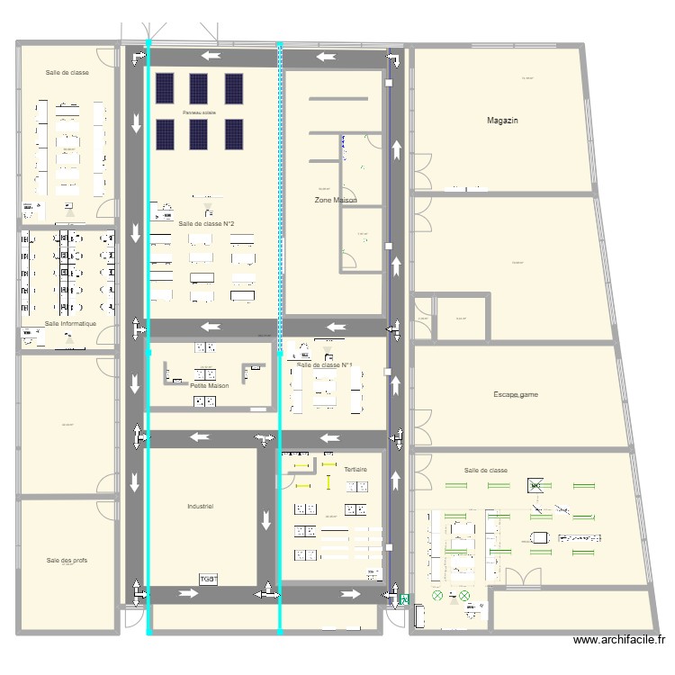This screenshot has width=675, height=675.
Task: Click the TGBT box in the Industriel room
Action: [x=209, y=578]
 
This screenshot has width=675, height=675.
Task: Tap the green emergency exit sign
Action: [x=405, y=598]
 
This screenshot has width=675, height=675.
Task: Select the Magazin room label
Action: [x=502, y=120]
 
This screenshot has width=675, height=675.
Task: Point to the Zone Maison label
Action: [x=336, y=200]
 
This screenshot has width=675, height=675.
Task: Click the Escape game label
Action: [x=516, y=394]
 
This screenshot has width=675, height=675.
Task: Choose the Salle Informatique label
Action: [x=70, y=323]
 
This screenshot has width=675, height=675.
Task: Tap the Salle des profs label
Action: [x=67, y=560]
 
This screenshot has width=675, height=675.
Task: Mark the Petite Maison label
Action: [x=209, y=385]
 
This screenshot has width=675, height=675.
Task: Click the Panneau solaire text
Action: [x=199, y=112]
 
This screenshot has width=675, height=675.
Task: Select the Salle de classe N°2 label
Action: [x=207, y=223]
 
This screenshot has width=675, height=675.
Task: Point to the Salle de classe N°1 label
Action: [x=324, y=364]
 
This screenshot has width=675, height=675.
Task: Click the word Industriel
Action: [x=200, y=507]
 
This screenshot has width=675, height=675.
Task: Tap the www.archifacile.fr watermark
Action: [x=618, y=640]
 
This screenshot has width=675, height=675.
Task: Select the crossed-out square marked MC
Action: [x=535, y=486]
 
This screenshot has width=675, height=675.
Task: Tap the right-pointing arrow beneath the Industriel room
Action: [x=187, y=594]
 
